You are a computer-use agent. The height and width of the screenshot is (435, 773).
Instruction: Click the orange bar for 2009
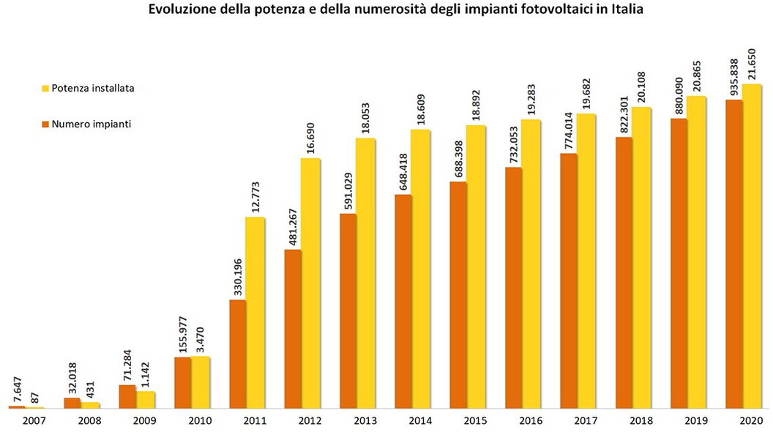(127, 396)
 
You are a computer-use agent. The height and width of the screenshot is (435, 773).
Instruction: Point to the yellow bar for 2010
(200, 382)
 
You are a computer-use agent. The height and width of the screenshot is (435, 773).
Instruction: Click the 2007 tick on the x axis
(34, 422)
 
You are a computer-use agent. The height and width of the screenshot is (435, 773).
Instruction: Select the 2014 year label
(420, 422)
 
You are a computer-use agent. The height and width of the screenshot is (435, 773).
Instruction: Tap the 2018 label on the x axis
(641, 422)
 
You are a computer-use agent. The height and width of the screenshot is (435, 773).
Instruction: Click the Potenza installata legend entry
(87, 88)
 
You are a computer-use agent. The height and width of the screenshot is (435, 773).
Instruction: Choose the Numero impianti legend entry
(86, 124)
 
